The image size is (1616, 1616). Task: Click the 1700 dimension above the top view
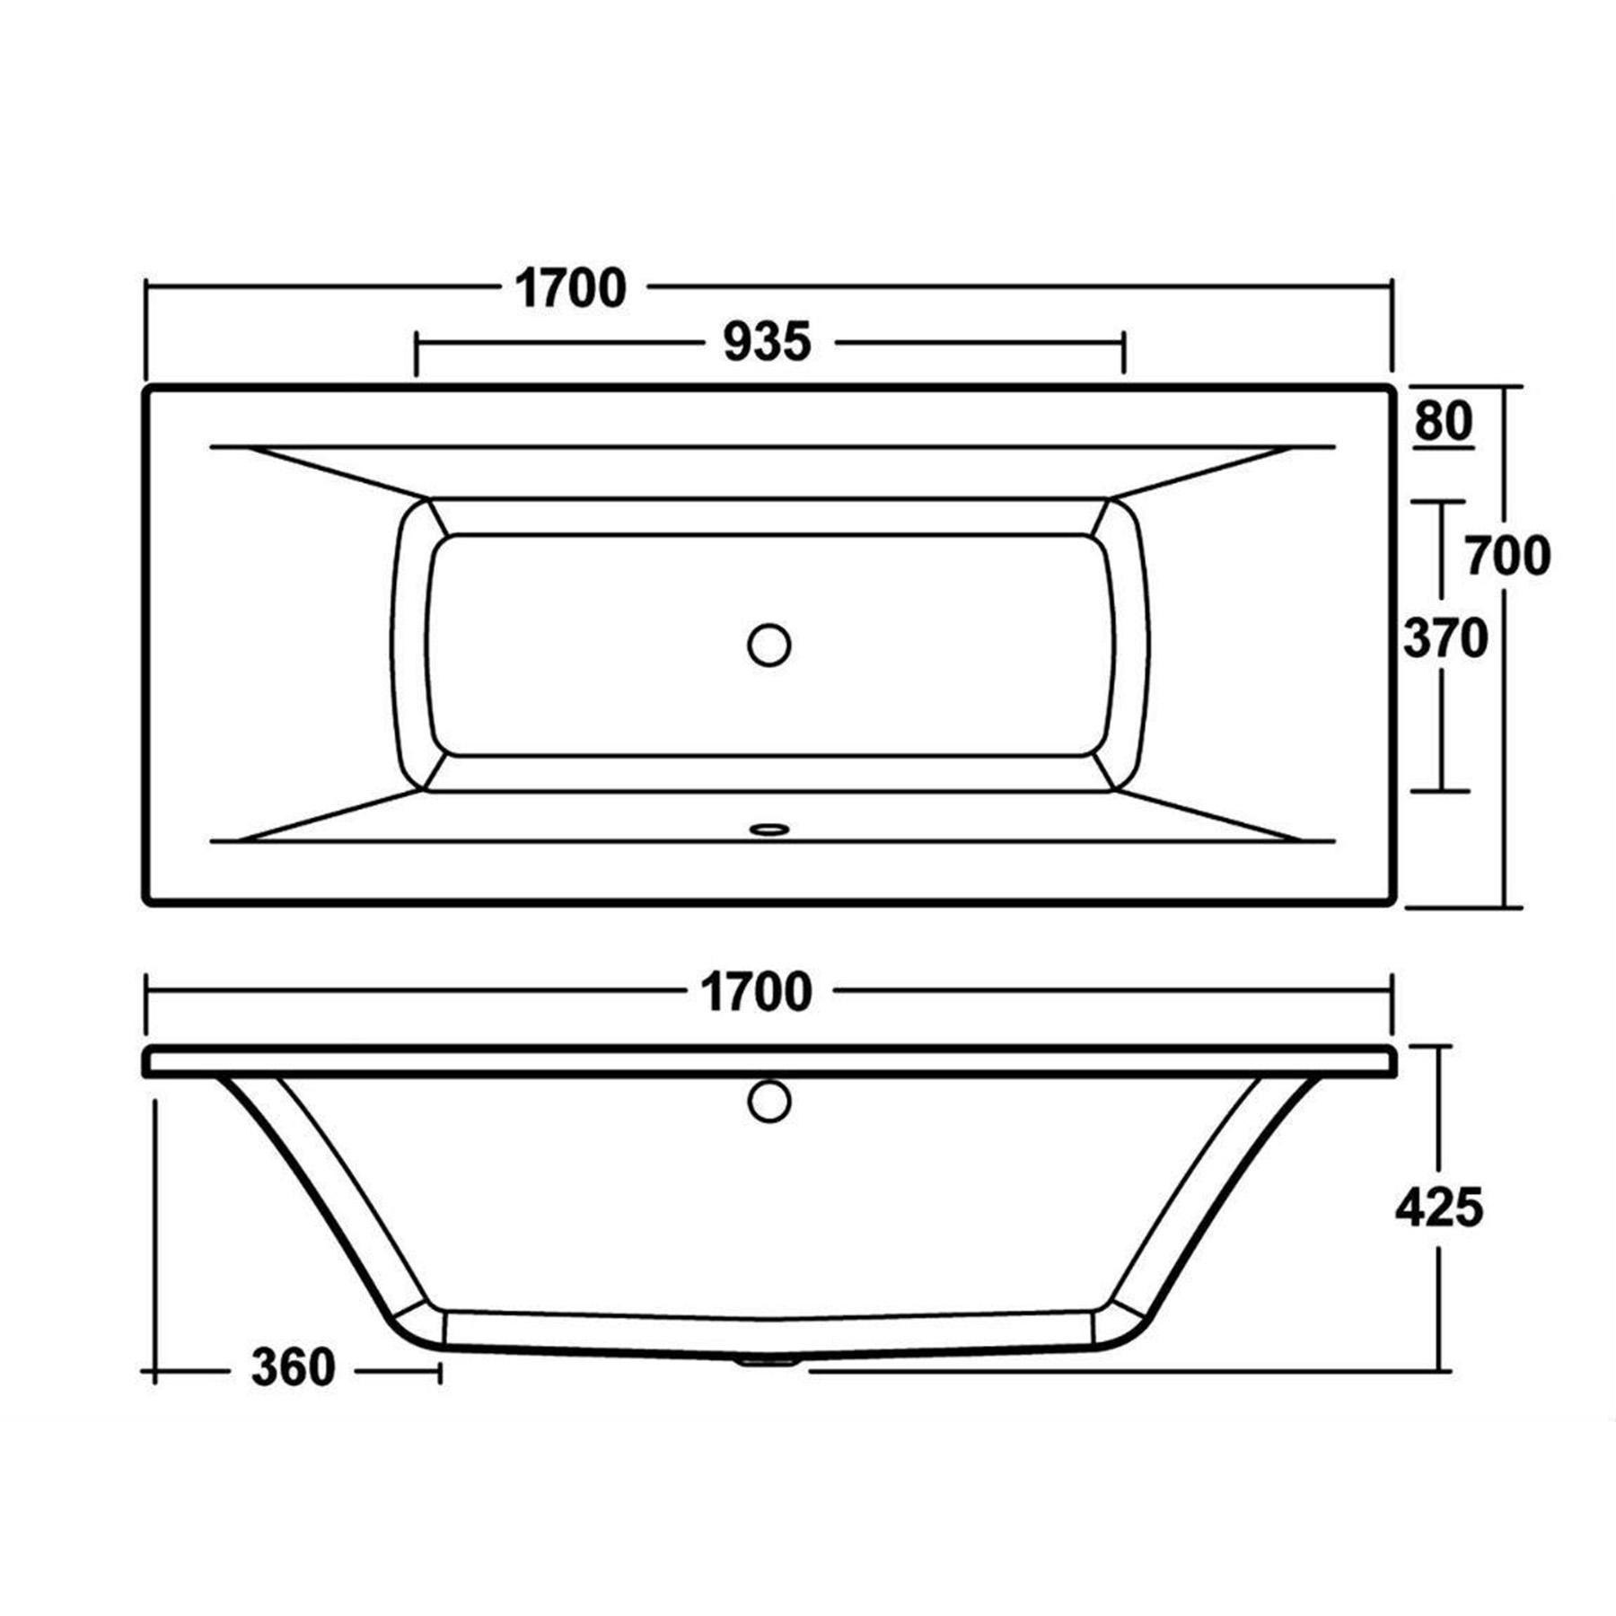570,289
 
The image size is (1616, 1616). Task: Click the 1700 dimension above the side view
756,992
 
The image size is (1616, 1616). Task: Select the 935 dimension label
767,342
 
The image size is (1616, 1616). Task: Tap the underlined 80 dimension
1444,421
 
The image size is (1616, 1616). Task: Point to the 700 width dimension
1507,556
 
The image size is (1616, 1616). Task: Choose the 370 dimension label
1445,639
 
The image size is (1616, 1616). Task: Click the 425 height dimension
1438,1208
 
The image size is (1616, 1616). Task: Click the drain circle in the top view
768,645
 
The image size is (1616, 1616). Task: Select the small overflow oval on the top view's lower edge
768,829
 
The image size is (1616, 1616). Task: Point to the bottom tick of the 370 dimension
1440,791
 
